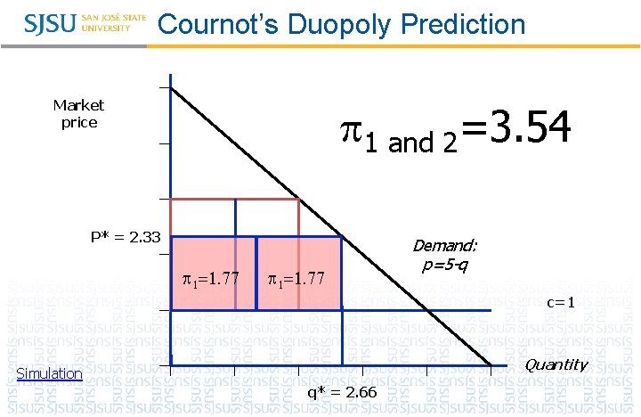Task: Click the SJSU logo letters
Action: [x=52, y=22]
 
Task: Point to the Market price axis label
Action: [x=78, y=114]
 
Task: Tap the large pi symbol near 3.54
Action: [x=353, y=132]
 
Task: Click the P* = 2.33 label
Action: [x=126, y=237]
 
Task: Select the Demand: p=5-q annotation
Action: [x=444, y=255]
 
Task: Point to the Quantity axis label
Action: [x=556, y=364]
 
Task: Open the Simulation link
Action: [x=50, y=374]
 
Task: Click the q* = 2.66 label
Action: [x=342, y=393]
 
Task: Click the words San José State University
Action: [x=113, y=22]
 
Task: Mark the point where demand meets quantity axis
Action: [x=491, y=365]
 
